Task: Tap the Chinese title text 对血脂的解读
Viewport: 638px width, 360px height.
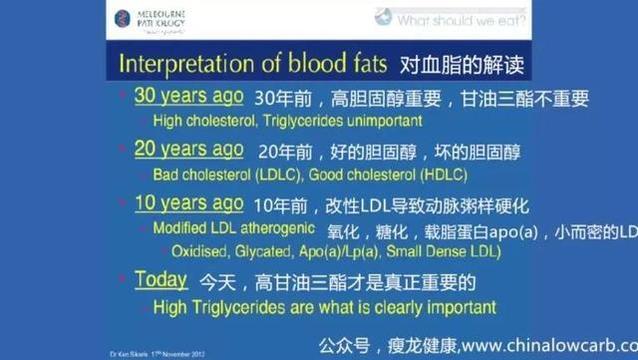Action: (x=462, y=64)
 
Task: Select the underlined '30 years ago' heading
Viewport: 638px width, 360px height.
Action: (x=188, y=98)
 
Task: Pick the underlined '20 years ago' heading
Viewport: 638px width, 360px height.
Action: (x=188, y=150)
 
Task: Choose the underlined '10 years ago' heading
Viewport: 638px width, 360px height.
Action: (x=188, y=203)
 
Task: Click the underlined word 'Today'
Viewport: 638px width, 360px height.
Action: (x=160, y=280)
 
